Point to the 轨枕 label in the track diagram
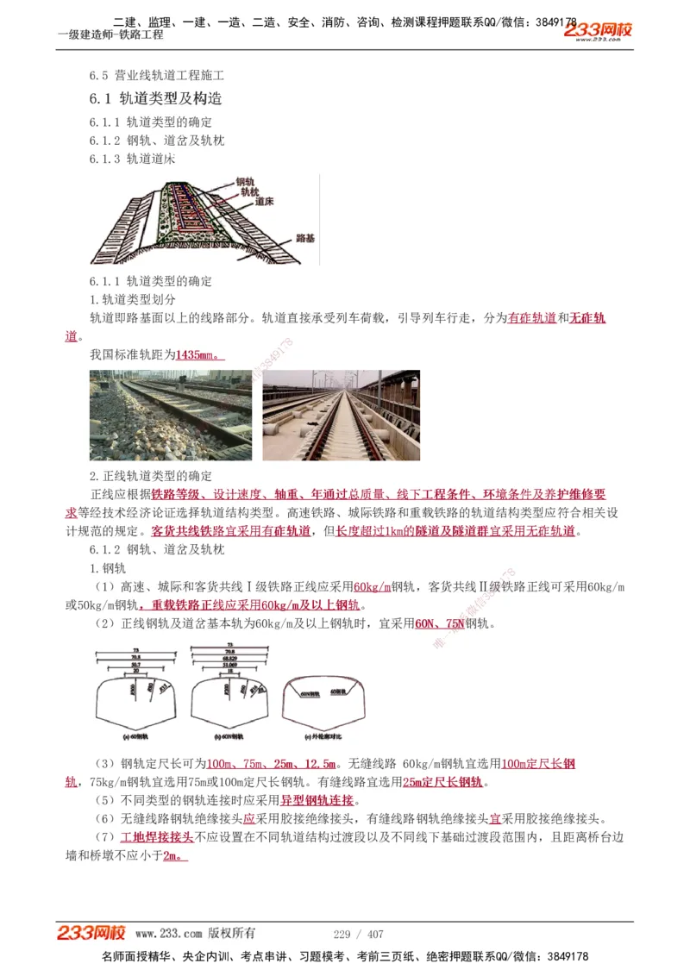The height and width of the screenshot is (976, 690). click(x=250, y=192)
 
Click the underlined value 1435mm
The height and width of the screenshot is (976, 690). click(x=198, y=354)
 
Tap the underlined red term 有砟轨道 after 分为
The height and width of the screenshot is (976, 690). click(x=532, y=318)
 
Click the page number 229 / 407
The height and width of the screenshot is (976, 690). click(x=358, y=934)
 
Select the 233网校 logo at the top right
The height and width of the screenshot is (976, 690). click(x=599, y=31)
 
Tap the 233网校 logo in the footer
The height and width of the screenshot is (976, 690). click(x=92, y=933)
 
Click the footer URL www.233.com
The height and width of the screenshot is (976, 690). click(x=168, y=934)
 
